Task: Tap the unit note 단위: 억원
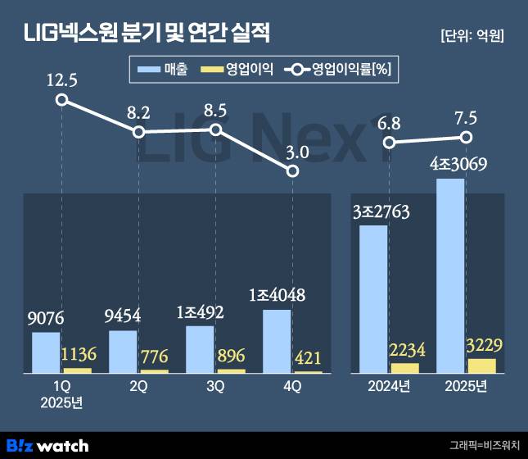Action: click(x=471, y=36)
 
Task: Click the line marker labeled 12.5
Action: click(x=61, y=100)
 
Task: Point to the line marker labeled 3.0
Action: click(x=292, y=170)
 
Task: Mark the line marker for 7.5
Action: click(x=467, y=137)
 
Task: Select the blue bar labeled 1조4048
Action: click(x=277, y=341)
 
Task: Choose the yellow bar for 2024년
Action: click(x=404, y=368)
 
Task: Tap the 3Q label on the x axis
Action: click(x=215, y=388)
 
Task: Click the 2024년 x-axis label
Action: click(x=389, y=388)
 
